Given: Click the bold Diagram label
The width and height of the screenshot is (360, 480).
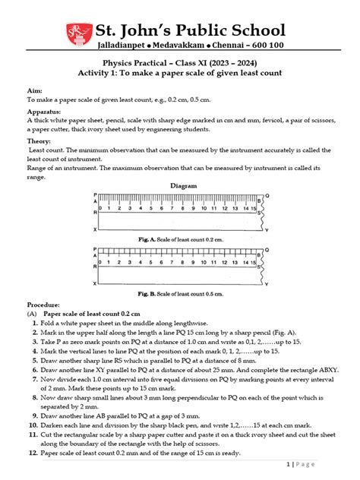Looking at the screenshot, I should click(183, 185).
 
